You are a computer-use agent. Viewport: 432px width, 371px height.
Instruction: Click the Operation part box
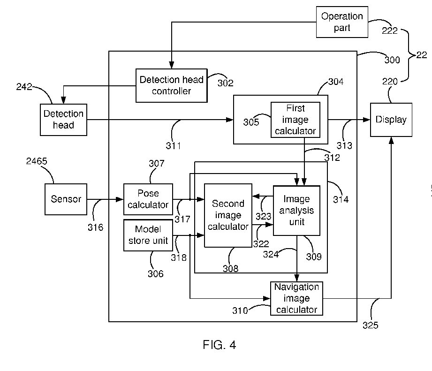[x=342, y=22]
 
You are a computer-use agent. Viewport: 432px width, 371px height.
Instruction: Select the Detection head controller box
[x=171, y=85]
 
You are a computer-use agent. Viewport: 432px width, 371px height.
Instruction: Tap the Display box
[x=391, y=120]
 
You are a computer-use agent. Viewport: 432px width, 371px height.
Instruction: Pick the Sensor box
[x=66, y=199]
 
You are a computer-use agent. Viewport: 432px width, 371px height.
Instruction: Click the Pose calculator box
[x=148, y=199]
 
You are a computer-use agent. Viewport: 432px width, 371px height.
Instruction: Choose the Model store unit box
[x=148, y=235]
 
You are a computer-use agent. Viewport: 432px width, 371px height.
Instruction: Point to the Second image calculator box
[x=228, y=215]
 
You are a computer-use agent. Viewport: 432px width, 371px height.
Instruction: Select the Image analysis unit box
[x=296, y=211]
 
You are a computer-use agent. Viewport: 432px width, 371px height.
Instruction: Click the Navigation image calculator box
[x=296, y=298]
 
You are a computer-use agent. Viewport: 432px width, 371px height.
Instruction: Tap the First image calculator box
[x=296, y=120]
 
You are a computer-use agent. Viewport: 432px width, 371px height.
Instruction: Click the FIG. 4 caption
[x=220, y=345]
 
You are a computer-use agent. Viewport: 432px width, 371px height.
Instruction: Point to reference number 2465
[x=37, y=161]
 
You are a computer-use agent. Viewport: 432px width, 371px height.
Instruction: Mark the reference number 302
[x=225, y=83]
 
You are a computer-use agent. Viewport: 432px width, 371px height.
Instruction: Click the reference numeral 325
[x=370, y=326]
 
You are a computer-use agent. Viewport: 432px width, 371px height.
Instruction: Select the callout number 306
[x=156, y=273]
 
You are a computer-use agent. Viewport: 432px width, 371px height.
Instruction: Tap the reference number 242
[x=24, y=87]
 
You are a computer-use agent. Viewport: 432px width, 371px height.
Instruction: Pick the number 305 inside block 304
[x=251, y=122]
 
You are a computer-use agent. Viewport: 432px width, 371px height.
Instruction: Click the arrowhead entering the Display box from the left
[x=367, y=120]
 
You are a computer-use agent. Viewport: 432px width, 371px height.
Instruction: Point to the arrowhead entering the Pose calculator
[x=120, y=199]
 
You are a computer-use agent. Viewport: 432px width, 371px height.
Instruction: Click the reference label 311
[x=173, y=146]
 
